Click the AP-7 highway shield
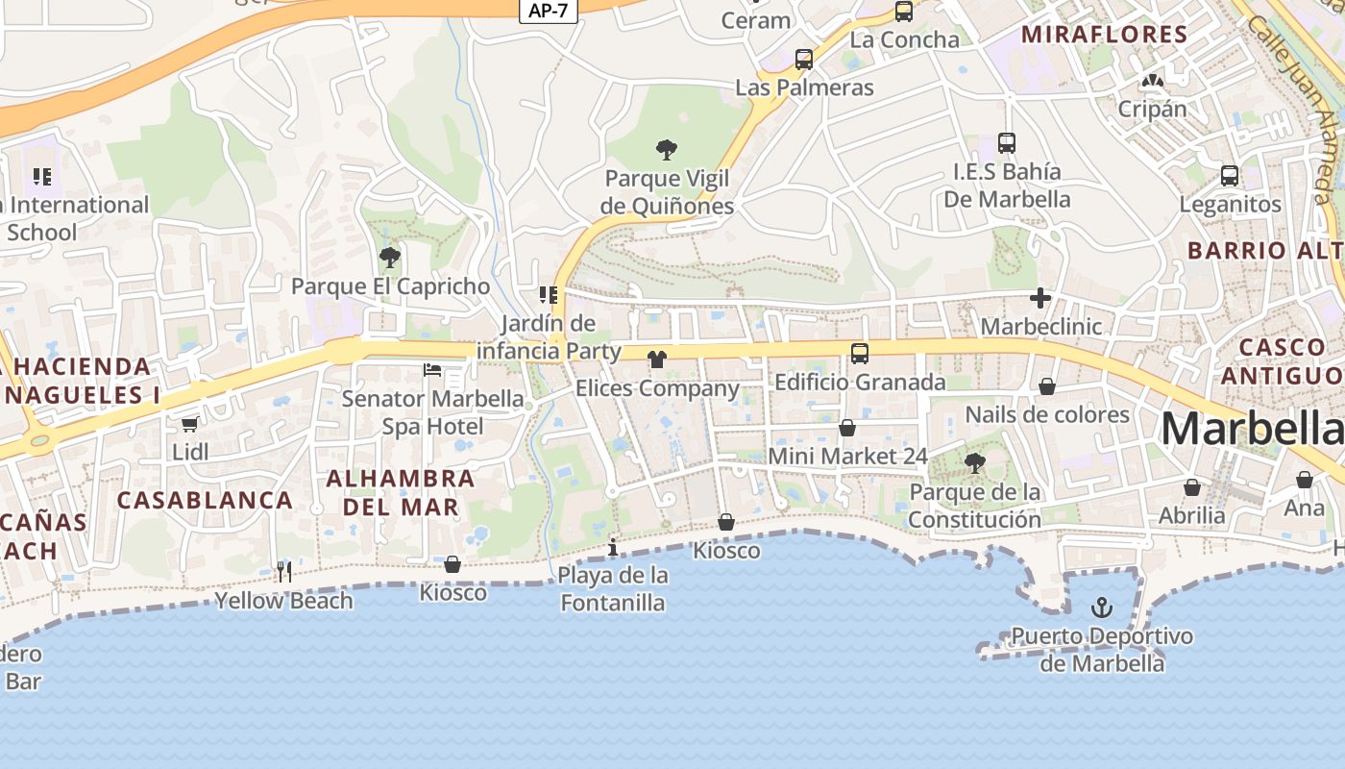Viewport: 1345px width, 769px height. tap(548, 11)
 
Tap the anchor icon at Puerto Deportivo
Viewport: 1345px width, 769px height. tap(1102, 608)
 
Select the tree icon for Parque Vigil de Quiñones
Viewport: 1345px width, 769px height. tap(667, 150)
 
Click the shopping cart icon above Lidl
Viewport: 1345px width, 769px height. tap(189, 423)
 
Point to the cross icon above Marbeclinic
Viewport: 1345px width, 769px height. tap(1039, 298)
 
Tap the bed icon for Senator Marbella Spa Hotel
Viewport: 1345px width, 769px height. tap(432, 370)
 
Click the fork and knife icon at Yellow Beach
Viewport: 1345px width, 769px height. tap(283, 572)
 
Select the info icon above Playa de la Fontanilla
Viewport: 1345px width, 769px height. tap(613, 548)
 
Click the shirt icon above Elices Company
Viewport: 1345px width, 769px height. tap(656, 360)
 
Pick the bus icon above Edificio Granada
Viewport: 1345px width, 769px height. tap(859, 354)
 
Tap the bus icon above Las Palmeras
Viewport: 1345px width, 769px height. tap(804, 60)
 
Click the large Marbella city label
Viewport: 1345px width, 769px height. tap(1251, 429)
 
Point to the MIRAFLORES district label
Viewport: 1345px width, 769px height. tap(1104, 35)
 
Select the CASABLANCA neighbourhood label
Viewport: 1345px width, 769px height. tap(205, 500)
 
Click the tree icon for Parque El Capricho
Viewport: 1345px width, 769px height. tap(389, 258)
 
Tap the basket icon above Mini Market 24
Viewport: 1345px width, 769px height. tap(847, 428)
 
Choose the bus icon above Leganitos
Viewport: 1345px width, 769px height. tap(1229, 176)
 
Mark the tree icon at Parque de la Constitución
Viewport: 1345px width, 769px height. tap(974, 463)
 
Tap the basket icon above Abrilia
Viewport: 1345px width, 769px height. tap(1191, 487)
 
